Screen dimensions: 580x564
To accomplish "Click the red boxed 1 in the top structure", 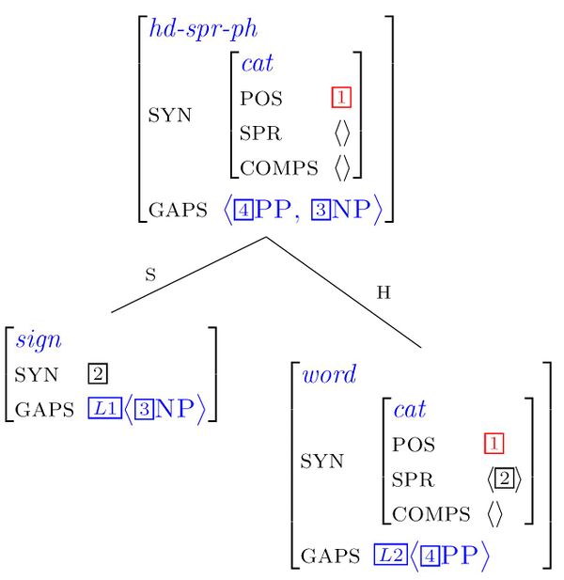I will coord(339,98).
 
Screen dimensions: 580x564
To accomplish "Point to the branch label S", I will coord(149,275).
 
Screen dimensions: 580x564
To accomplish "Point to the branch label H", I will coord(384,292).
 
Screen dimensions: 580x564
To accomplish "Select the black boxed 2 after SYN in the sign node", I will coord(97,374).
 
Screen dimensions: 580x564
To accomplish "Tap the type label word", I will coord(329,374).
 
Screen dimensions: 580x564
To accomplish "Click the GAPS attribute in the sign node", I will coord(43,409).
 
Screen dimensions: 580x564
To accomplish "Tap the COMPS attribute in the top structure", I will coord(280,168).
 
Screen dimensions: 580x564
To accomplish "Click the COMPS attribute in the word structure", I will coord(431,513).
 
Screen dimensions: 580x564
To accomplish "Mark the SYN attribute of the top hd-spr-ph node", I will coord(169,116).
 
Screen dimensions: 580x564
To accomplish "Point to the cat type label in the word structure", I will coord(410,409).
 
